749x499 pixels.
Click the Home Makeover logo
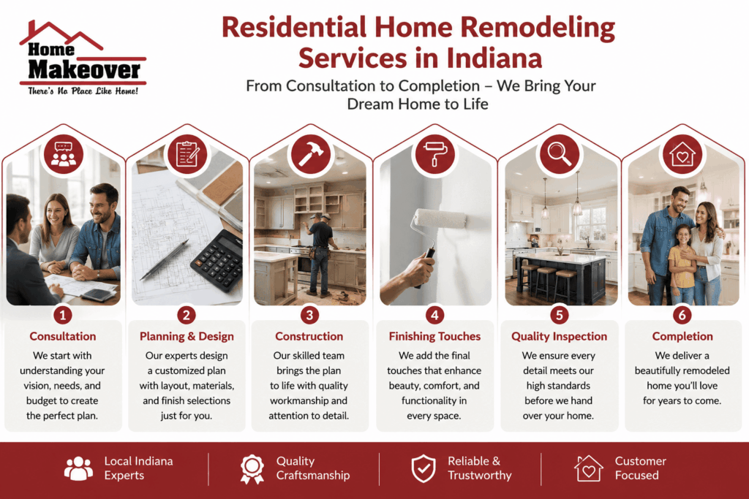point(83,58)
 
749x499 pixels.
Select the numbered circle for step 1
point(63,315)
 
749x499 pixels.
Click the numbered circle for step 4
point(434,315)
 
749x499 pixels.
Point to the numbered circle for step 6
point(682,315)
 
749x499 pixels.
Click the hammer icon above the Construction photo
point(311,153)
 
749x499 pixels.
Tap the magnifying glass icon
point(560,153)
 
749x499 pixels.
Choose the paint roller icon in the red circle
point(434,153)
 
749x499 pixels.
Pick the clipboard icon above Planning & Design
point(187,153)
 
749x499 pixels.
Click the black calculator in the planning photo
point(217,259)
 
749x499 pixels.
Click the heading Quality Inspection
point(559,336)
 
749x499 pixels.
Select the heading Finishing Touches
point(434,336)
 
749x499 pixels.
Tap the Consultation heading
point(63,336)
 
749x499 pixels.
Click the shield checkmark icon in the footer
point(424,468)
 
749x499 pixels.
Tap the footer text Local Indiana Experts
point(138,468)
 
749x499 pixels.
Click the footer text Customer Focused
point(640,468)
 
